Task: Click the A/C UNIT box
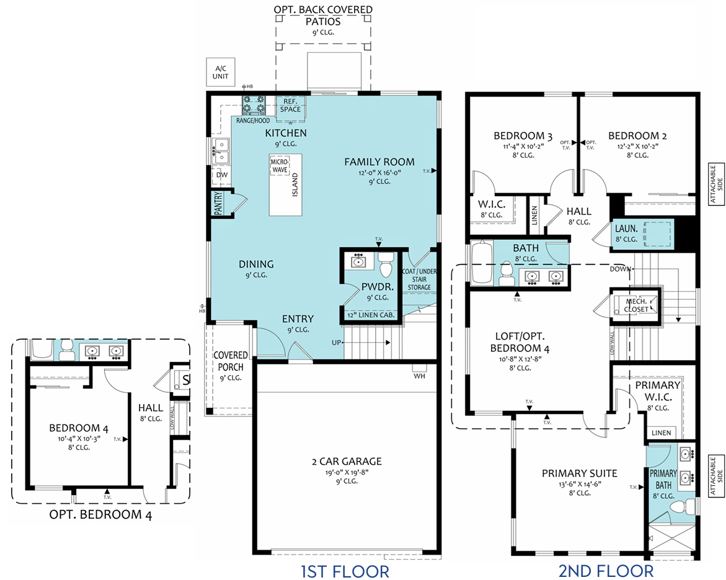220,72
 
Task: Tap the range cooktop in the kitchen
254,105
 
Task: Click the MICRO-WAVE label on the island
280,166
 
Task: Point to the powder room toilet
385,265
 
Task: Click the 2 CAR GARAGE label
347,462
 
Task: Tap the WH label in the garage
420,376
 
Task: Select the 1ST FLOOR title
345,571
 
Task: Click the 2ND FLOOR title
606,571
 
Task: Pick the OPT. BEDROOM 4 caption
100,515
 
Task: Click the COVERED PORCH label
231,361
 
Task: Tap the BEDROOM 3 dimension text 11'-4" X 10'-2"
523,147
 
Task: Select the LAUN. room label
626,229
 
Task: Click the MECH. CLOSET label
636,305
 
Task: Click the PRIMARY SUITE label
580,473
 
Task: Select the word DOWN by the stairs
620,269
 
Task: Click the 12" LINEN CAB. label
371,315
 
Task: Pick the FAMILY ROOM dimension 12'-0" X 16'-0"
379,173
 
